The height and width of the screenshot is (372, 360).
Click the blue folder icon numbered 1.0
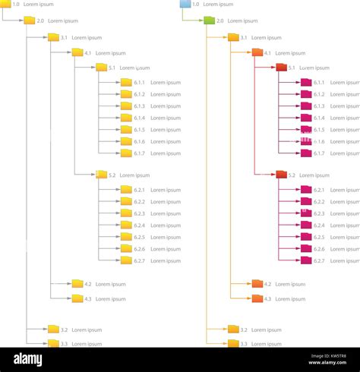185,5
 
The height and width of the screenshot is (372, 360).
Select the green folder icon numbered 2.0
209,20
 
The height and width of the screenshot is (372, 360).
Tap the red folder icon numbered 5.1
281,68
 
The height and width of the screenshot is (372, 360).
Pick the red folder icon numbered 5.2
281,175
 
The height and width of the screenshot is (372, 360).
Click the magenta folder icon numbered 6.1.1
306,83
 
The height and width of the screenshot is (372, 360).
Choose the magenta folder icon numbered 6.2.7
306,260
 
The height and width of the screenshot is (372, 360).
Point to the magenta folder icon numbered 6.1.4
306,118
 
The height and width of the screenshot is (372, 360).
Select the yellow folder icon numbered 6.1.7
126,153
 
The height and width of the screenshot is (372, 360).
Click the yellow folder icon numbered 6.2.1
126,190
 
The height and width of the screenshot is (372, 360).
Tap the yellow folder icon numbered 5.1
102,68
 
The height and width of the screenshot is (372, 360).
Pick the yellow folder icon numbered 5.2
102,175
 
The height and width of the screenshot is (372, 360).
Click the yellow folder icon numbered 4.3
77,298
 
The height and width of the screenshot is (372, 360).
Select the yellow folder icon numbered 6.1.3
126,106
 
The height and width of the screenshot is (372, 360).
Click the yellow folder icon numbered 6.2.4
126,225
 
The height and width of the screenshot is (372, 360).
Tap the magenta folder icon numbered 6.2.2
306,202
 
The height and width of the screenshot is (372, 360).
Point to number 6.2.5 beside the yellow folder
140,237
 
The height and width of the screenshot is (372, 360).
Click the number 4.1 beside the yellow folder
88,53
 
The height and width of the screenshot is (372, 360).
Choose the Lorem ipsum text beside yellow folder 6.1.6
166,141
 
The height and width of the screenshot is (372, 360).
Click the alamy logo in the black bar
27,359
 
